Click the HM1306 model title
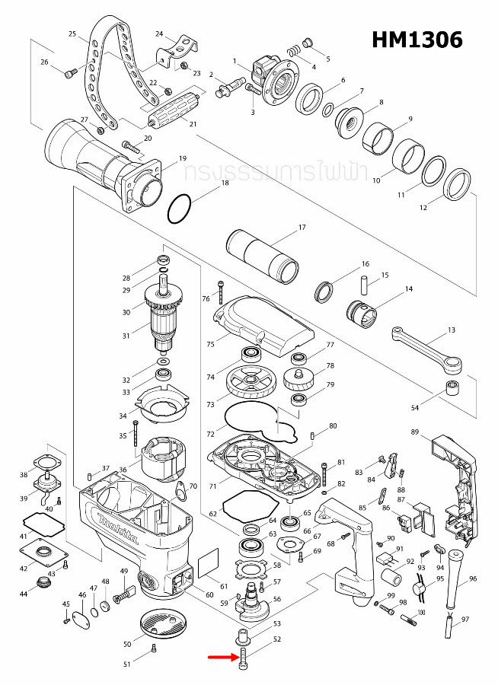417,40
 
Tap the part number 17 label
302,228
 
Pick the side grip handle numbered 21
173,116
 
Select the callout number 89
415,432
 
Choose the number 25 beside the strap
73,34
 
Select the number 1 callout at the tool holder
236,60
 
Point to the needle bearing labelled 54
456,393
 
